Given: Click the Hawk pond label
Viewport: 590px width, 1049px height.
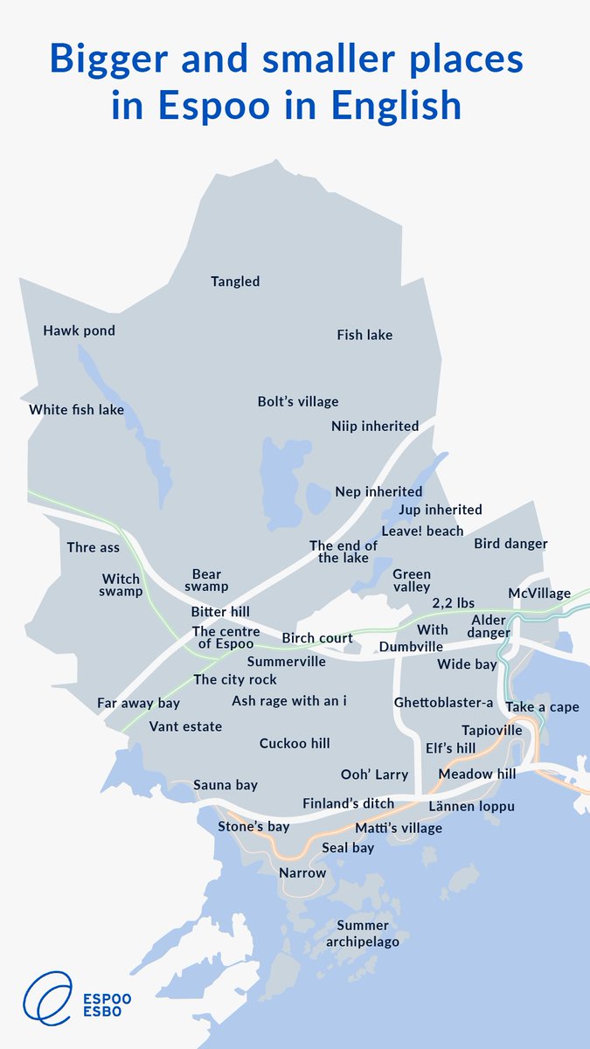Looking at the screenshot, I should point(79,331).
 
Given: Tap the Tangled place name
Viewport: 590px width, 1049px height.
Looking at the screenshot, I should point(235,281).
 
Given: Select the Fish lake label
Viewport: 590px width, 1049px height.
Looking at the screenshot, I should point(364,335).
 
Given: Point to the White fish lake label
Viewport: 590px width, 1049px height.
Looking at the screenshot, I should point(76,410).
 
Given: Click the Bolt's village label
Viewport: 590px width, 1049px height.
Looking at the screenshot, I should point(298,402).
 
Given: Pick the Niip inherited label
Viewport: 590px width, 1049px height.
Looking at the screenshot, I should point(375,427).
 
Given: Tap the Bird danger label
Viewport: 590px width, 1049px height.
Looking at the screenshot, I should point(510,544).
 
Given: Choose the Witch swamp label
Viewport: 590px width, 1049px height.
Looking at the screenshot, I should point(121,586).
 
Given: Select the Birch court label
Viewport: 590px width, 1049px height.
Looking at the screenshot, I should point(317,639).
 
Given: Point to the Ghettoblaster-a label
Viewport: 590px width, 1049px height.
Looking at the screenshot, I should point(444,703).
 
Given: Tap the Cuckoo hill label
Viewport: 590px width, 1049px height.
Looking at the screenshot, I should point(295,744).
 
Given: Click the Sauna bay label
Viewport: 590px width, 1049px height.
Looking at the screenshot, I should point(226,785).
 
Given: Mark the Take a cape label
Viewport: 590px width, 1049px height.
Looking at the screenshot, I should point(542,707).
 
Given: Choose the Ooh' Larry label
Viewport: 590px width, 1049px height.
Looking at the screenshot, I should point(374,775).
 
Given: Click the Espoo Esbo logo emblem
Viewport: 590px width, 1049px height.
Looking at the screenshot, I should point(48,998).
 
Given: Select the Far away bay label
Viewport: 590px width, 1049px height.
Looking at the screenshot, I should point(138,704).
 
